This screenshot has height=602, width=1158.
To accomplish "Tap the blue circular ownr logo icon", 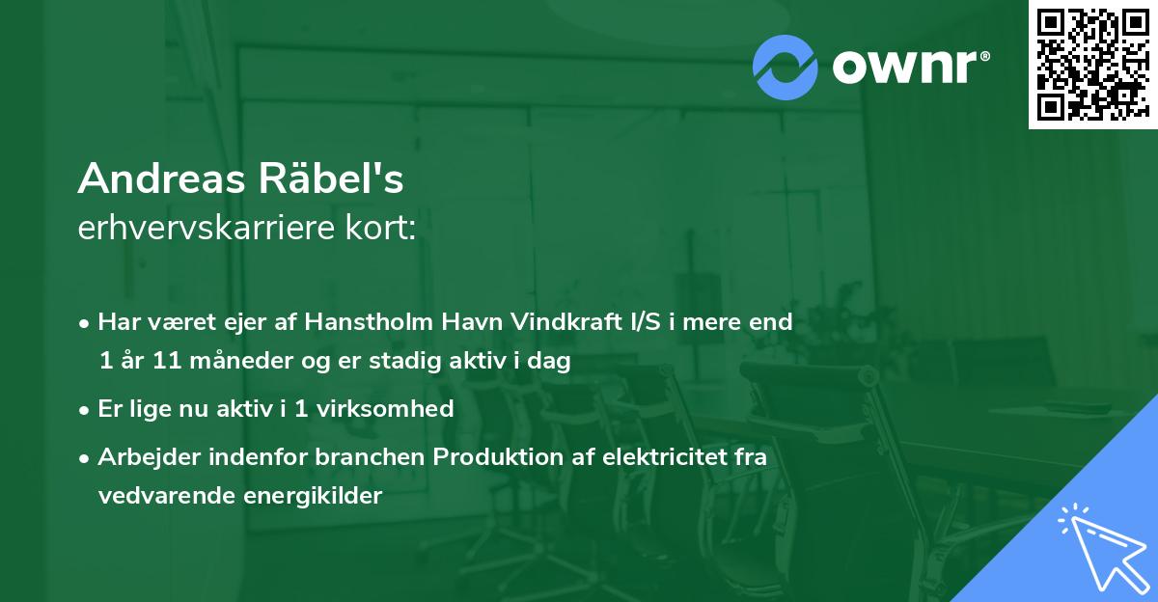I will (x=786, y=67).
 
